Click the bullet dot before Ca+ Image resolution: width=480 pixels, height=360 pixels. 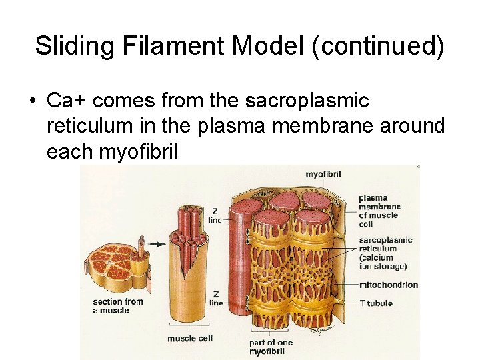33,101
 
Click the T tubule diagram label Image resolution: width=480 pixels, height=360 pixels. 376,303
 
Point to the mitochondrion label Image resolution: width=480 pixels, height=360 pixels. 388,285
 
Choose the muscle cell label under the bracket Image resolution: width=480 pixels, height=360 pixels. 189,339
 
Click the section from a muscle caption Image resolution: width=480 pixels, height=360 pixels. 118,306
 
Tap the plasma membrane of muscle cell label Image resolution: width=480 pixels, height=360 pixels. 379,211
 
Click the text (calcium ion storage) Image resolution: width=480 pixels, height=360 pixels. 383,262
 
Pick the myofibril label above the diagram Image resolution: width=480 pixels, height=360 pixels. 324,175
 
